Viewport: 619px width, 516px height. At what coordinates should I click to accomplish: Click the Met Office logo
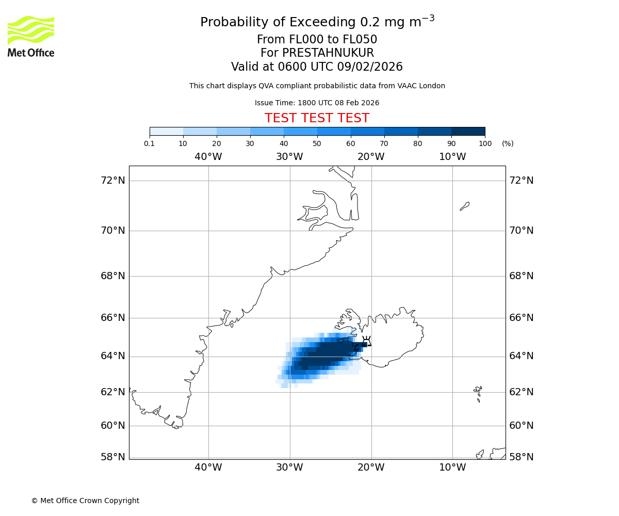click(x=31, y=36)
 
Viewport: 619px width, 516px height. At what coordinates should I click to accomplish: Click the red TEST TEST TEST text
click(x=317, y=119)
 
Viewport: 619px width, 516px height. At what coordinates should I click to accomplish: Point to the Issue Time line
click(x=317, y=103)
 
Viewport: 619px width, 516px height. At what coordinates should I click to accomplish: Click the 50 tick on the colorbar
click(x=317, y=143)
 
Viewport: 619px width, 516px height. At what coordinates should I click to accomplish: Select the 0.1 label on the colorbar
click(x=150, y=143)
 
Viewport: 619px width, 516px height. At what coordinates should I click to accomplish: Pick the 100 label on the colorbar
click(x=485, y=143)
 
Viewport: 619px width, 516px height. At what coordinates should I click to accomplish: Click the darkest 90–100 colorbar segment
click(x=468, y=131)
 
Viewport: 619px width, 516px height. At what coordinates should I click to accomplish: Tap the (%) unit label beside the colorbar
click(x=508, y=143)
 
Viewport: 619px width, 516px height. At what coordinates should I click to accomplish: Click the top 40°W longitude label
click(x=208, y=157)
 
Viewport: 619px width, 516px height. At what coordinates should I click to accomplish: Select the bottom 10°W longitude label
click(x=452, y=467)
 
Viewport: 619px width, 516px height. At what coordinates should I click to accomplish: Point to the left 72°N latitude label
click(x=113, y=180)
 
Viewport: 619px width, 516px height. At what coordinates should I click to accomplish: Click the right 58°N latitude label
click(x=522, y=457)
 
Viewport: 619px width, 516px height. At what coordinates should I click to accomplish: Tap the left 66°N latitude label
click(x=113, y=317)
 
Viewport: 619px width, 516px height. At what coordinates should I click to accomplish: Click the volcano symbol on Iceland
click(x=367, y=341)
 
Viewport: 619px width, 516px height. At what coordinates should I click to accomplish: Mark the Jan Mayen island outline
click(x=465, y=206)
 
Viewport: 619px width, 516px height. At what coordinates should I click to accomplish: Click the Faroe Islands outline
click(x=478, y=393)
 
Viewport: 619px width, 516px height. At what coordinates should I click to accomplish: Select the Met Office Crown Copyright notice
click(x=85, y=501)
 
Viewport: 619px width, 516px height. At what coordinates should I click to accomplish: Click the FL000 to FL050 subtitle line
click(x=317, y=40)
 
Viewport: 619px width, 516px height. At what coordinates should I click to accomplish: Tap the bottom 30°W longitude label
click(x=289, y=467)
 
